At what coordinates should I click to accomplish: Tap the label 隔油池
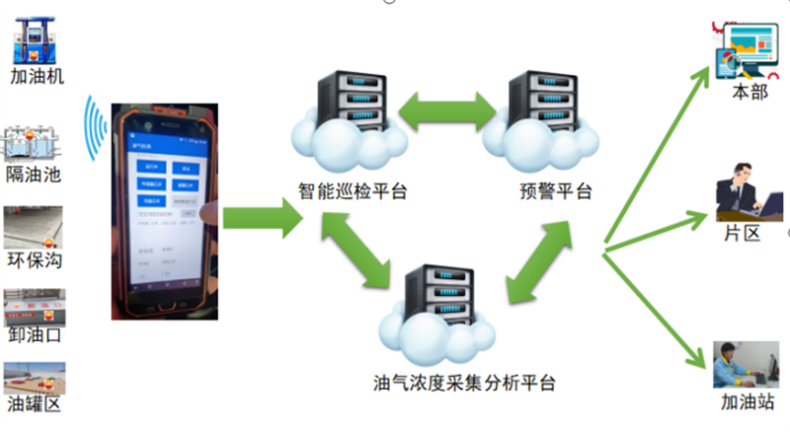pos(33,175)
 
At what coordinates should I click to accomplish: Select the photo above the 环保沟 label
pos(33,227)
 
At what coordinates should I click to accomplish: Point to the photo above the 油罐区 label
pos(35,380)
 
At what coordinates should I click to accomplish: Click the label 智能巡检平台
pos(354,190)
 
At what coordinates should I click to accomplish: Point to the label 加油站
pos(748,402)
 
